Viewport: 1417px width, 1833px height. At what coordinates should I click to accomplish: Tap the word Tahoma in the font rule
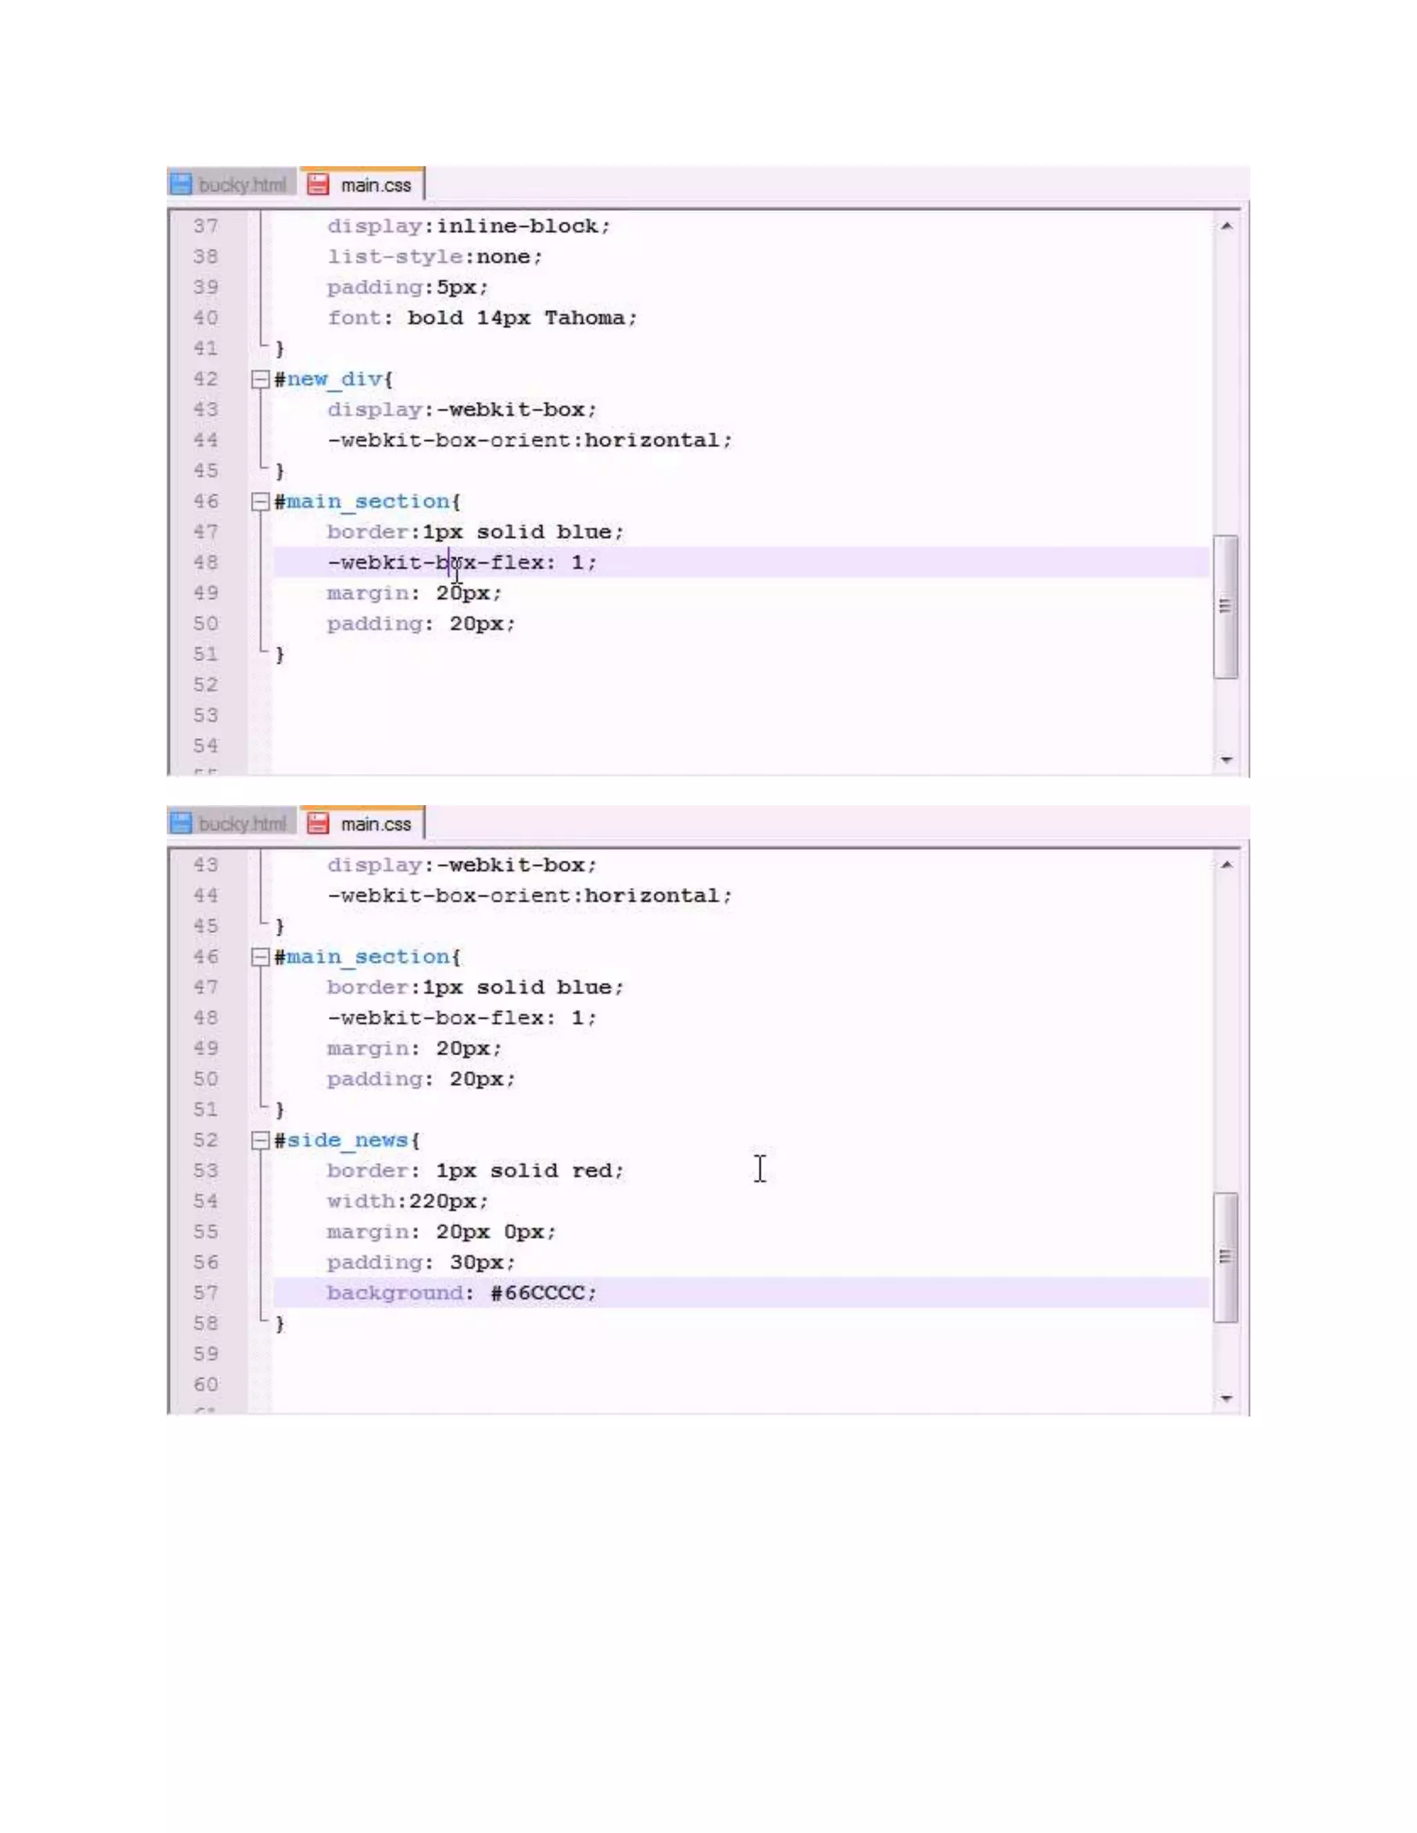(584, 318)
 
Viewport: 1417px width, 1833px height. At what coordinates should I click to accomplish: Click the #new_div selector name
(333, 379)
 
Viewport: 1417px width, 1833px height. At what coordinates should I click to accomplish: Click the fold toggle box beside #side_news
(260, 1141)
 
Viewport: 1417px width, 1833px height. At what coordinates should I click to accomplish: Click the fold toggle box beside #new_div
(260, 379)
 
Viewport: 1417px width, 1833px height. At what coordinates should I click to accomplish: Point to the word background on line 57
(394, 1293)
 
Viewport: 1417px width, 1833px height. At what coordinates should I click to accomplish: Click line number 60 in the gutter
(205, 1385)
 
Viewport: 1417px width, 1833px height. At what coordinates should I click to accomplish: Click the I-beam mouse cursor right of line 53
(760, 1169)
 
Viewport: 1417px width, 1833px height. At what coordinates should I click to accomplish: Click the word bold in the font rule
(435, 318)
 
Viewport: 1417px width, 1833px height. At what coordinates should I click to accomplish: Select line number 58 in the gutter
(205, 1323)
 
